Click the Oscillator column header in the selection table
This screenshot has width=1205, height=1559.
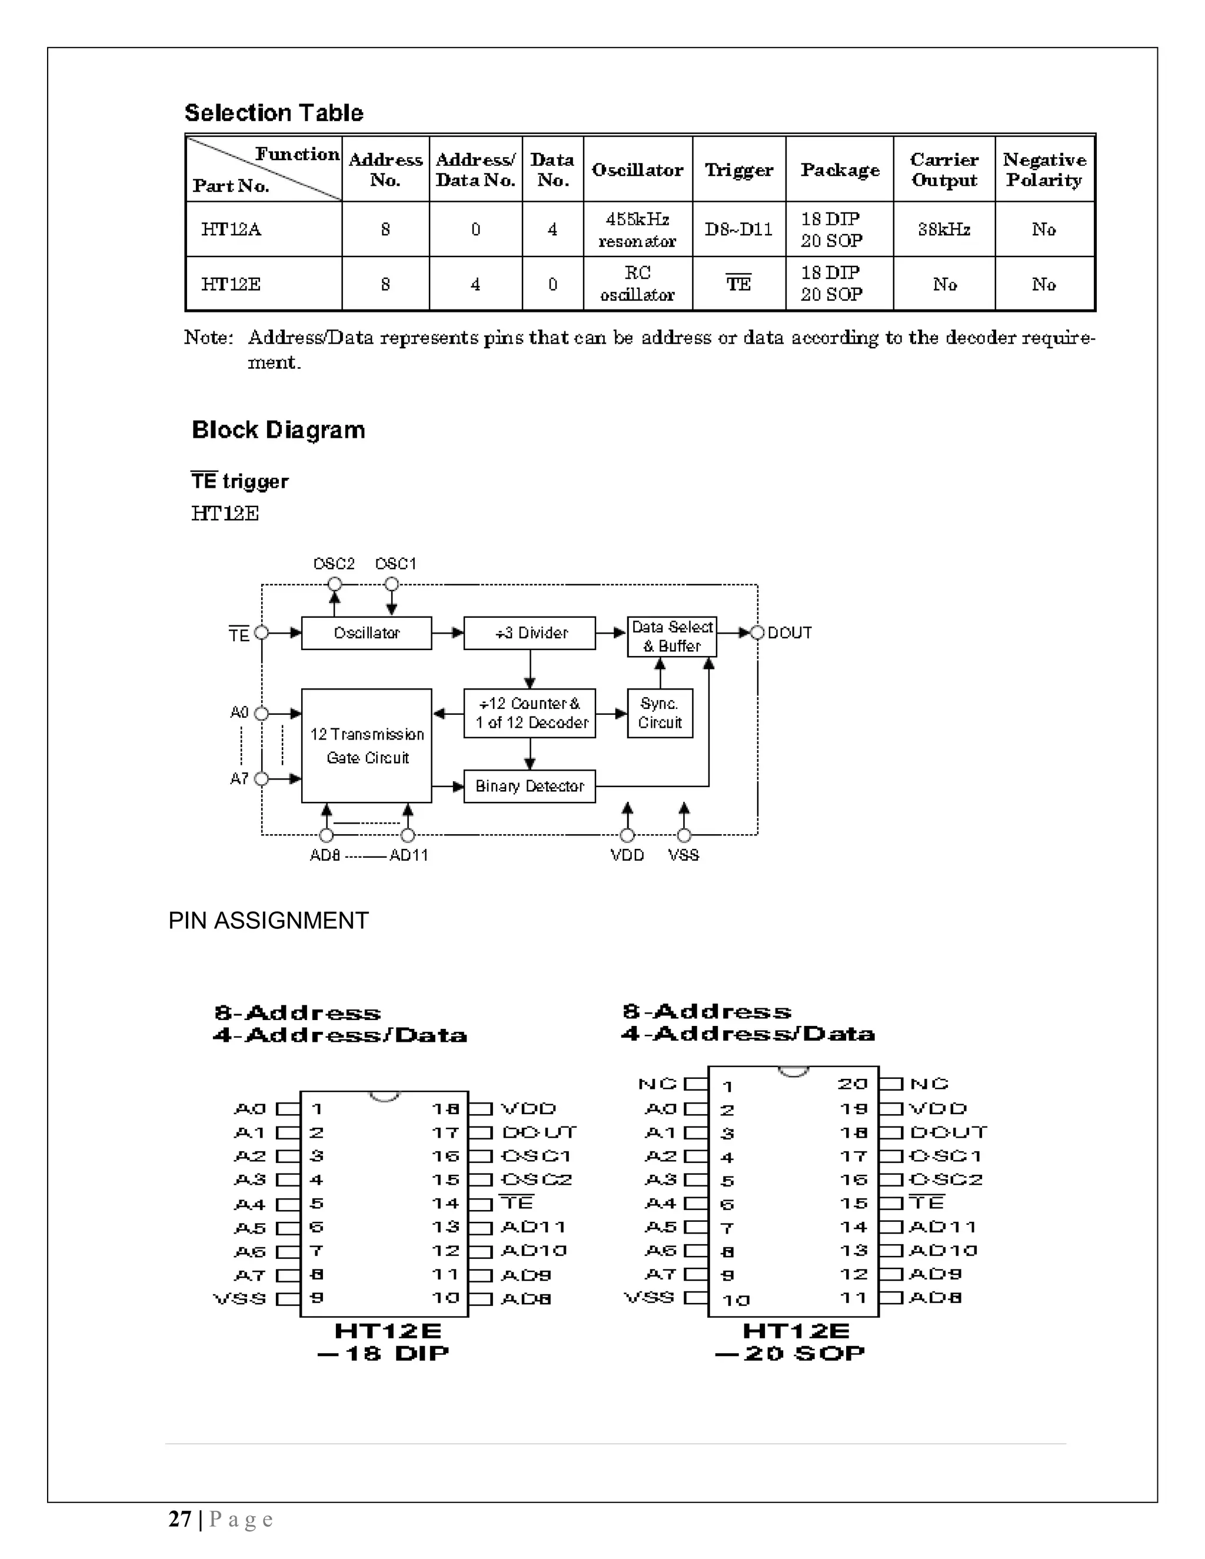pos(637,170)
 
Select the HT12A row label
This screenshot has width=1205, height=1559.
pos(231,229)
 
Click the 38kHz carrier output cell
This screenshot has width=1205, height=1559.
pos(944,229)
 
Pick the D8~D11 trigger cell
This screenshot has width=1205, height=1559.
pos(738,229)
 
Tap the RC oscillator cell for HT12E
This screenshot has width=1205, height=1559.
pos(637,284)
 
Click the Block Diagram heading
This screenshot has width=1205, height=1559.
pos(278,429)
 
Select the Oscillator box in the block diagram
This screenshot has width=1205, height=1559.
pos(366,633)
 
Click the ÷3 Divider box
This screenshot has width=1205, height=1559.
pos(529,633)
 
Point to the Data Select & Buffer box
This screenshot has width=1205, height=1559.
pos(672,636)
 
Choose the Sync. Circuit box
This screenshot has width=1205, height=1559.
pos(660,713)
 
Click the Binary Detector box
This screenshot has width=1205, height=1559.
pos(529,786)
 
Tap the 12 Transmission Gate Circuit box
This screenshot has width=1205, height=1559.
pos(366,745)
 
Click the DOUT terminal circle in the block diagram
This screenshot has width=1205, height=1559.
pos(757,632)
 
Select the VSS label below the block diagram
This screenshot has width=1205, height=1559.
pos(683,855)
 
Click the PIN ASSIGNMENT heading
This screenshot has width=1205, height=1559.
pos(268,921)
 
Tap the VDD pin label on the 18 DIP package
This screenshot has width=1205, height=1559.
pos(528,1108)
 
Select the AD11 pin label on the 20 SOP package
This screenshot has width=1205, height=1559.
pos(943,1227)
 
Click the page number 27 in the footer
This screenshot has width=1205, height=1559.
pos(180,1519)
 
